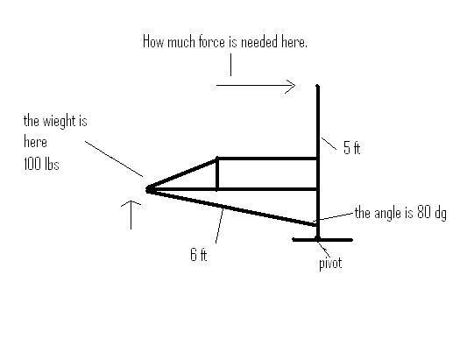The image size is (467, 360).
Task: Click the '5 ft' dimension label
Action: (351, 148)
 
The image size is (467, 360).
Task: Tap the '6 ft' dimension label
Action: (198, 255)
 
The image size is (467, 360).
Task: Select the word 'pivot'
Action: (330, 264)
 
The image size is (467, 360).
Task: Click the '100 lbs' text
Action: (41, 164)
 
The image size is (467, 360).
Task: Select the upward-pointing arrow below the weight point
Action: (131, 215)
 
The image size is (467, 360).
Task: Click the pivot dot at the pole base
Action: (318, 239)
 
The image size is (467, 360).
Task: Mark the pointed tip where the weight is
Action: (147, 189)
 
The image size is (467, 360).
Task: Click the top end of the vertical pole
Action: (317, 86)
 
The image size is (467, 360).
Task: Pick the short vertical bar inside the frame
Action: (217, 173)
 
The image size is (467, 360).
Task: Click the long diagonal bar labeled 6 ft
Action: (232, 208)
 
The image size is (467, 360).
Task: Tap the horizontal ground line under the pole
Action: (322, 240)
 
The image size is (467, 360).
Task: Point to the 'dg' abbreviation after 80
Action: (440, 214)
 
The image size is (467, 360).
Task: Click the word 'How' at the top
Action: (153, 42)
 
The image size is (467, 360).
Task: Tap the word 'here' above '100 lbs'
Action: (35, 142)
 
